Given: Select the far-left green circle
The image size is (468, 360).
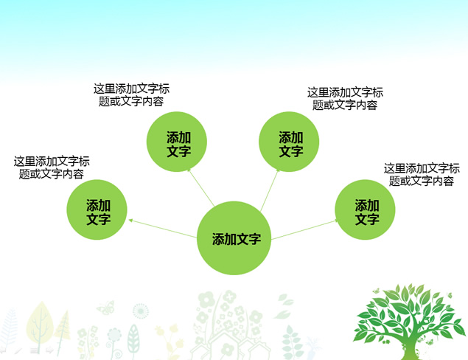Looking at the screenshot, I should pos(98,211).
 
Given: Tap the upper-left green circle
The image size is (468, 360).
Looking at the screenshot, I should pos(177,142).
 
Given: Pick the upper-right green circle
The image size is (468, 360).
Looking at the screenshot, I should pos(290,142).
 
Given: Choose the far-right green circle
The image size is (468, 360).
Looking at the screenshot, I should pos(366,211).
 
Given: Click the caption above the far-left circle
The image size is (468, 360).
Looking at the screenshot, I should pos(51,167).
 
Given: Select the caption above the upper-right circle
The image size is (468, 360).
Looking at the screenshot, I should pos(345,99).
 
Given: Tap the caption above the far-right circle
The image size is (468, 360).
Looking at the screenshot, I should pos(422,174).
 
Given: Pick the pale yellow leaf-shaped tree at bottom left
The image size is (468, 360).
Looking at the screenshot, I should pos(38,322).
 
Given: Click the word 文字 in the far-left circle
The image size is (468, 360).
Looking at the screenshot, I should pos(98,219).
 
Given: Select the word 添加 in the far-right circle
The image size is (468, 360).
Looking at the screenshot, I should pos(366,205).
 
